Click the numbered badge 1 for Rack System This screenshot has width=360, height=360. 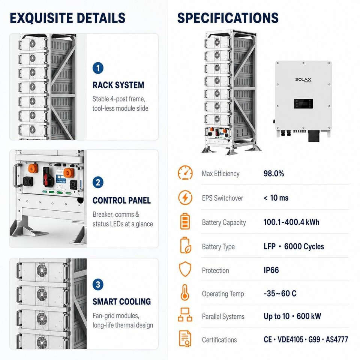[x=98, y=68]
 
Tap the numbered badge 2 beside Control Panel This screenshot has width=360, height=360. [x=98, y=183]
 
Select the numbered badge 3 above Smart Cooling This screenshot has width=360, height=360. [x=98, y=285]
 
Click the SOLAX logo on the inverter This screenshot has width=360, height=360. [x=303, y=79]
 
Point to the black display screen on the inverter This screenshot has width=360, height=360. [x=303, y=104]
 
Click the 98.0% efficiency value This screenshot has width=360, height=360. [x=274, y=174]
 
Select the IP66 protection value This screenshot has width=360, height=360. [x=271, y=270]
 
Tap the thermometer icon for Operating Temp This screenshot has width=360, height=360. [x=185, y=292]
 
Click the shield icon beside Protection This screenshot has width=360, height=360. [x=185, y=269]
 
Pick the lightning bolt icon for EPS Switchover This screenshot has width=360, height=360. [x=185, y=198]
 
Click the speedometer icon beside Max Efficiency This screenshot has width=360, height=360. [x=185, y=172]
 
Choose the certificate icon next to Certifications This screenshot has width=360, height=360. [x=185, y=339]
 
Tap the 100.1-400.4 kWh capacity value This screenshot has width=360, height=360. [x=291, y=222]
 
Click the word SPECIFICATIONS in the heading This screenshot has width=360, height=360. [x=228, y=18]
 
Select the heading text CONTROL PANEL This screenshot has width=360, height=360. [x=121, y=200]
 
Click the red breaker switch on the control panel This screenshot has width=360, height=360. [x=46, y=176]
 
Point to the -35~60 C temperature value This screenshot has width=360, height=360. [x=280, y=293]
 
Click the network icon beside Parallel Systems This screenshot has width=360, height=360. [x=185, y=315]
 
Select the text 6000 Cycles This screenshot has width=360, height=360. [x=304, y=247]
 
